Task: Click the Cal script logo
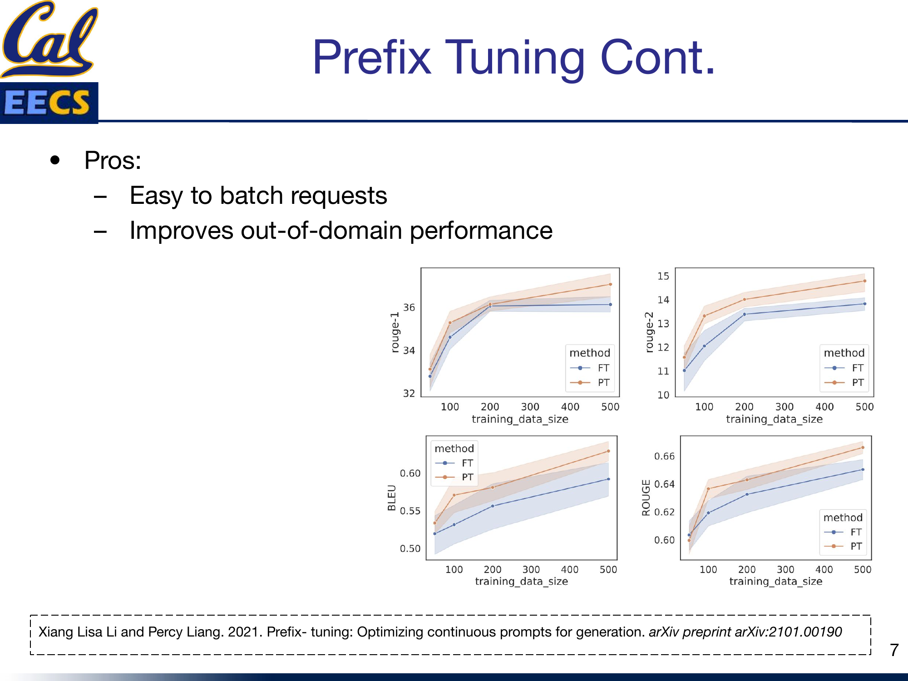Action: pos(49,39)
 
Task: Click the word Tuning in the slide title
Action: pos(515,58)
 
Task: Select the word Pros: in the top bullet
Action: pos(113,161)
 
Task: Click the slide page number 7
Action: pos(893,650)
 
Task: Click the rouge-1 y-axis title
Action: pos(395,332)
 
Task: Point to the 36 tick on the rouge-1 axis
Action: pos(409,307)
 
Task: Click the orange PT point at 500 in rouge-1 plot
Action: pos(610,284)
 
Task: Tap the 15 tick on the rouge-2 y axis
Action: pos(663,276)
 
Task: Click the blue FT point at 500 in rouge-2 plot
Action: pos(864,304)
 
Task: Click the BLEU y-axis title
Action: pos(391,498)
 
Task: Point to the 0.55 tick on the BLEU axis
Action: pos(410,511)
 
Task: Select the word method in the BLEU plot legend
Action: pos(454,449)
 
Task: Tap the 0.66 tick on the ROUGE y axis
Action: pos(664,456)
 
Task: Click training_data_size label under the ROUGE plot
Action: pos(775,581)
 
